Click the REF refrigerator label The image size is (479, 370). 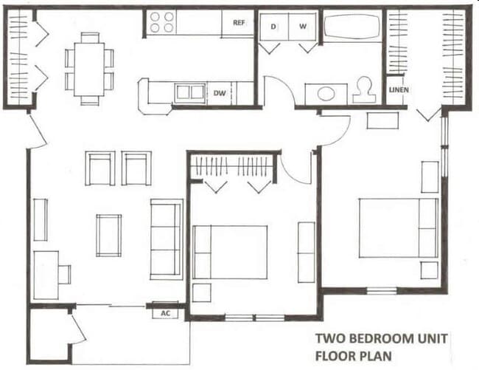coord(239,23)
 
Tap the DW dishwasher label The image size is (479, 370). coord(220,93)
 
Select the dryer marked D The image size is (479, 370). coord(273,27)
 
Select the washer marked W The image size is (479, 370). coord(302,27)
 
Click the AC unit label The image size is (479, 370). coord(165,312)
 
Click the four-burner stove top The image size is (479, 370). coord(162,23)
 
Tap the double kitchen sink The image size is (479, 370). coord(189,92)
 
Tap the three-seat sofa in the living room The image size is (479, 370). coord(166,238)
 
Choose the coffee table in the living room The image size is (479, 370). coord(108,235)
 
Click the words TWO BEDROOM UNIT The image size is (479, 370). coord(380,340)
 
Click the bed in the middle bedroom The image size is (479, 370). coord(230,253)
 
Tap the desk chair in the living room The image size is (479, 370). coord(65,274)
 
